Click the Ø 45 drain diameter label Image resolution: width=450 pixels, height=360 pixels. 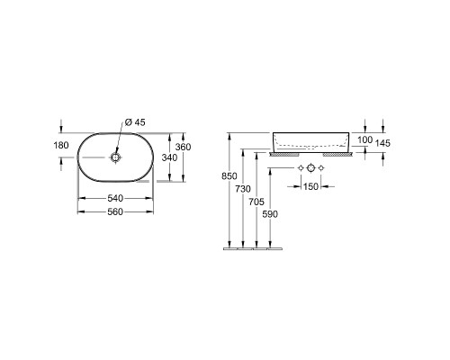click(135, 122)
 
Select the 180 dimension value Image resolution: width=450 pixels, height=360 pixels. click(61, 146)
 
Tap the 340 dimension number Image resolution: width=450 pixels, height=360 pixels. click(169, 157)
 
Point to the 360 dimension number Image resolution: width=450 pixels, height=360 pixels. click(183, 147)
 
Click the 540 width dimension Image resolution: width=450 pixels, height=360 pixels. click(115, 198)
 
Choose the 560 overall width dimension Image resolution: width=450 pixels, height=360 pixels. click(115, 212)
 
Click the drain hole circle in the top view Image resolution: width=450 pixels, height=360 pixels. click(115, 157)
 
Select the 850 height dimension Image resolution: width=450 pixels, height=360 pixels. click(229, 176)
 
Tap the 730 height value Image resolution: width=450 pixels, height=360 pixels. click(243, 189)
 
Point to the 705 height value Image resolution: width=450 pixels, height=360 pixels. click(256, 202)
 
